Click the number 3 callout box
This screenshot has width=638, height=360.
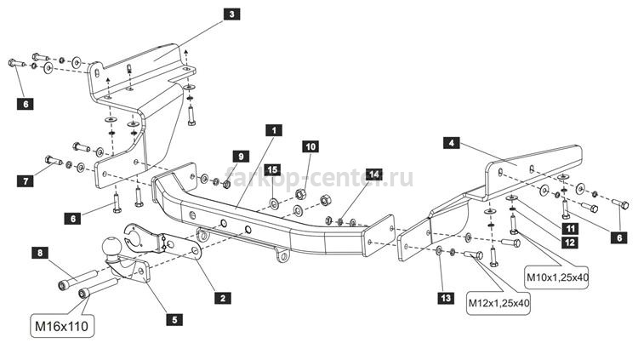(231, 14)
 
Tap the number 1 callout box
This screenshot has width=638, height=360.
(273, 130)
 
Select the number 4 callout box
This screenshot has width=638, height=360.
(451, 143)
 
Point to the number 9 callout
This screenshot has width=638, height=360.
(241, 157)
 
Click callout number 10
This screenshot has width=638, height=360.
(310, 146)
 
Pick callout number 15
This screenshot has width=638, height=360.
(272, 169)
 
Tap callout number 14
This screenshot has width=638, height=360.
(373, 174)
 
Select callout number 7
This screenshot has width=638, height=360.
(26, 180)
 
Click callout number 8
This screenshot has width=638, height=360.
(40, 253)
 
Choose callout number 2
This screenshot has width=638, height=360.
(223, 298)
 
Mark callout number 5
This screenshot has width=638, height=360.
(174, 320)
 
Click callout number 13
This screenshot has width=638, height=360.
(446, 298)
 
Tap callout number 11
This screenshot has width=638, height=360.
(570, 229)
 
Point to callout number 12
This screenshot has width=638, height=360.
(570, 243)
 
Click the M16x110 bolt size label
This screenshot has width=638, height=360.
(62, 326)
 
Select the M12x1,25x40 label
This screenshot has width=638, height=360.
(498, 303)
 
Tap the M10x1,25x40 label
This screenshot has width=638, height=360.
(557, 277)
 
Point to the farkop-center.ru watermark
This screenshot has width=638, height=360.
(319, 178)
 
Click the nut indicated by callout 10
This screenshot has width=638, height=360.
(300, 194)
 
